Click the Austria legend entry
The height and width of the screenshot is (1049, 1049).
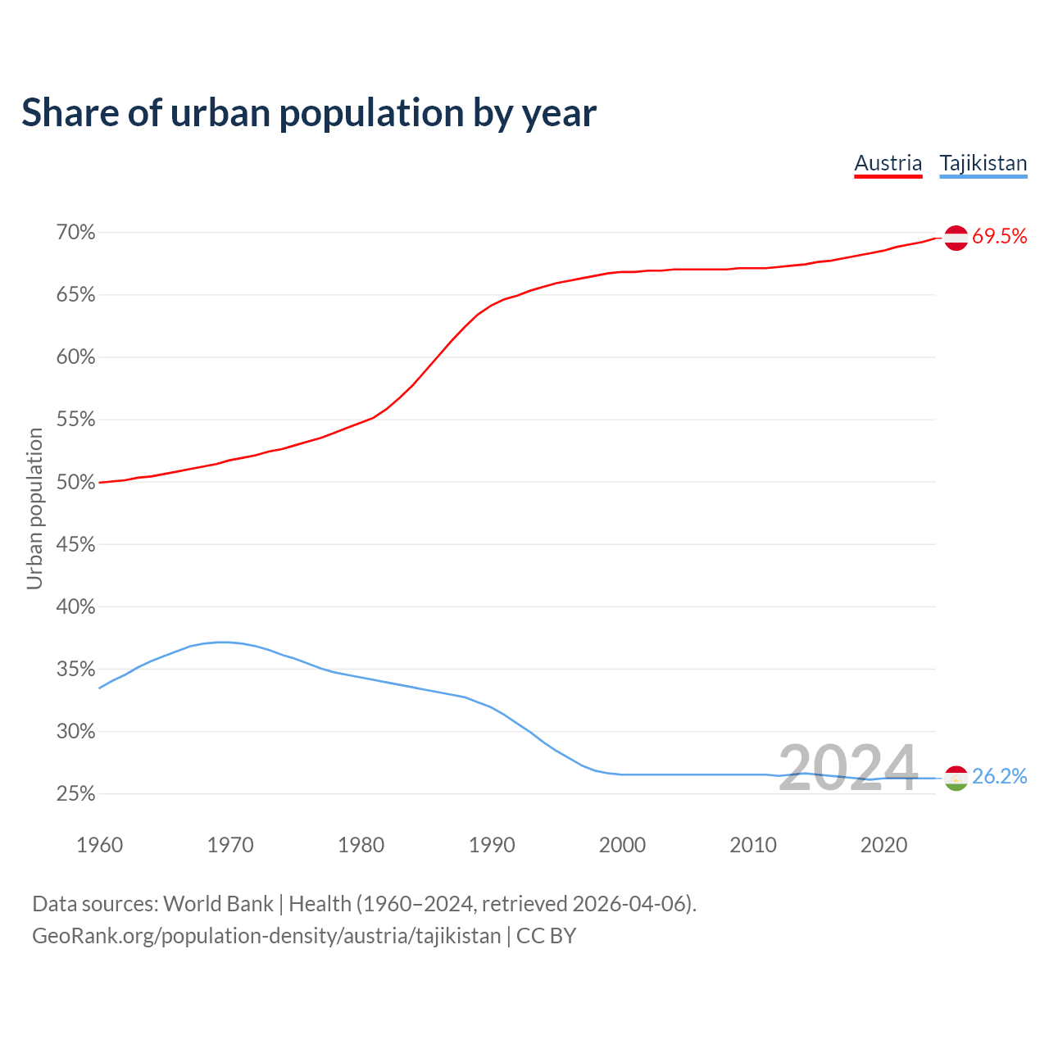(x=888, y=163)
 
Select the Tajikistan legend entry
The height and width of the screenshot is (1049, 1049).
(x=983, y=163)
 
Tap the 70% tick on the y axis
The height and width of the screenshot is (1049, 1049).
(x=75, y=233)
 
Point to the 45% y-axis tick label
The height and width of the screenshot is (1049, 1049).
(x=75, y=544)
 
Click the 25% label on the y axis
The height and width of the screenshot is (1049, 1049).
(x=75, y=794)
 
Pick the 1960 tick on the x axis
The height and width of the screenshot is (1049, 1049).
(x=99, y=845)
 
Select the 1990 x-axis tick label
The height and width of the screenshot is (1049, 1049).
(x=492, y=845)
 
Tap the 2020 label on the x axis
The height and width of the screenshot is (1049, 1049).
(x=883, y=845)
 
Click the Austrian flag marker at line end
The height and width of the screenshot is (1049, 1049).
(x=956, y=238)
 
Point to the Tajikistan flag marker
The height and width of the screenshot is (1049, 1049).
(x=956, y=778)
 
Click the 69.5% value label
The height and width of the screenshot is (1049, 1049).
(x=999, y=237)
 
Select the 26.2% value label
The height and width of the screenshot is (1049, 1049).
(x=999, y=777)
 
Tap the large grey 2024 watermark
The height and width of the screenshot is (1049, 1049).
(x=847, y=768)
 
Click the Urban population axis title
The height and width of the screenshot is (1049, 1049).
(x=34, y=508)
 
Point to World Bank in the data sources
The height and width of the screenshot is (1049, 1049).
(x=218, y=904)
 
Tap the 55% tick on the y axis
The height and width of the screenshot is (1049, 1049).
(x=75, y=420)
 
